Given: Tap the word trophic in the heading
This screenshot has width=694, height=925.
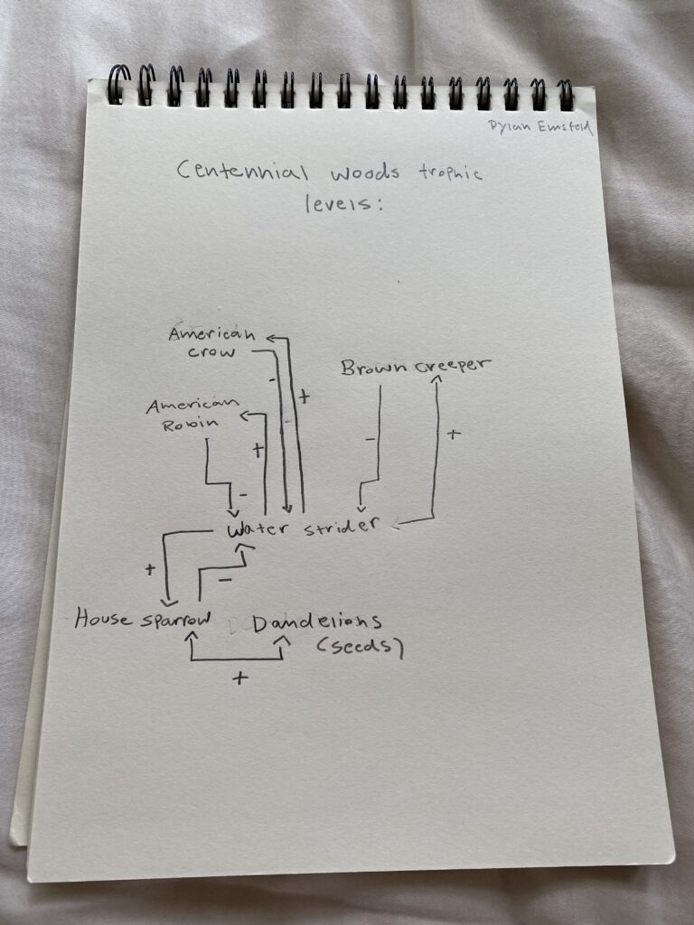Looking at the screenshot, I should tap(450, 173).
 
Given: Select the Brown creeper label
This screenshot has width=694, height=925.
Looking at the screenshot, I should tap(415, 367).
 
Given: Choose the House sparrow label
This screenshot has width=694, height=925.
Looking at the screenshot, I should tap(144, 620).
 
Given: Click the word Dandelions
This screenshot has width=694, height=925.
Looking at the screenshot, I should tap(317, 622).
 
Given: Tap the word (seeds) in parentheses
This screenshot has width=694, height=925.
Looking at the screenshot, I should tap(359, 648).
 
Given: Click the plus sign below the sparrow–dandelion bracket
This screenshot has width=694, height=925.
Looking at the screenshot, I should tap(239, 677).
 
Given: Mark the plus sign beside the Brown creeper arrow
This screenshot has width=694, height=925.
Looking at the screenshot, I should tap(453, 434).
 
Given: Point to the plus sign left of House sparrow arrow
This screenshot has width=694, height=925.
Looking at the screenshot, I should tap(150, 570).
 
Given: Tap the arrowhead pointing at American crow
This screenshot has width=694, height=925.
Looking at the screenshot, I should tap(269, 340).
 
